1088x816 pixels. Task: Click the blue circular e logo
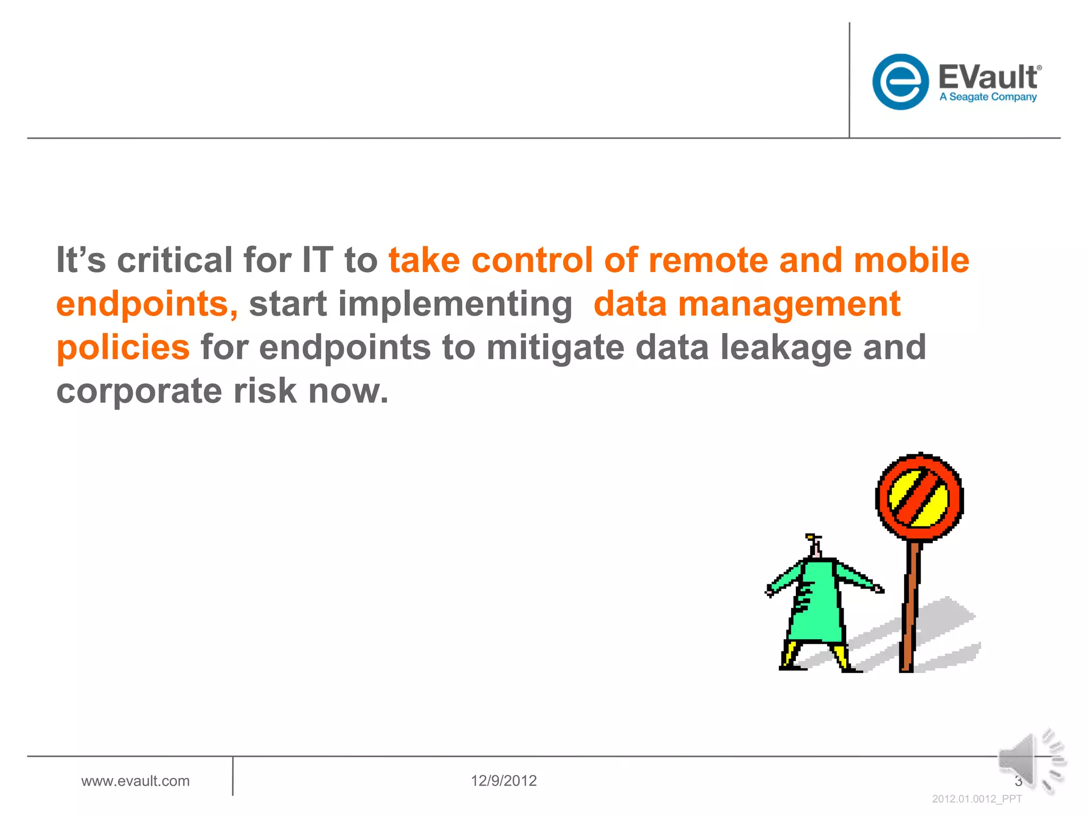(x=900, y=82)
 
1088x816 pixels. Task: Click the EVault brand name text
(x=988, y=78)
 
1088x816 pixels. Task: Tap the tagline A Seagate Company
(x=988, y=97)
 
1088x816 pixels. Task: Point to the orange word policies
(x=123, y=348)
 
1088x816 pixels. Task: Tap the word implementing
(x=455, y=304)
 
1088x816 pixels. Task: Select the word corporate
(x=139, y=391)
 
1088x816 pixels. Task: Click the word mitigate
(x=555, y=348)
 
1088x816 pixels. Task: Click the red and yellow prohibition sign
(x=919, y=497)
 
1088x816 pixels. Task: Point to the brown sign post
(x=909, y=606)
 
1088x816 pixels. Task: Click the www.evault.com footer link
(x=135, y=781)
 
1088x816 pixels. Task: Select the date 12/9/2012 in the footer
(x=504, y=781)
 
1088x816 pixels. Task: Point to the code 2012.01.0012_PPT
(x=976, y=799)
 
